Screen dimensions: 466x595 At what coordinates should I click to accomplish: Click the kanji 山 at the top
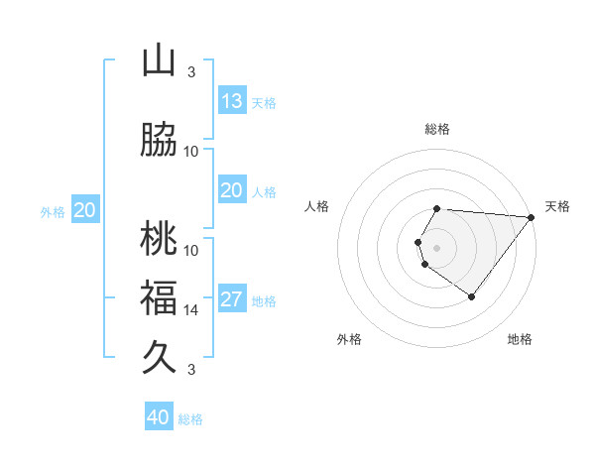[x=159, y=61]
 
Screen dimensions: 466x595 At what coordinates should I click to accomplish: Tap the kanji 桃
[x=159, y=239]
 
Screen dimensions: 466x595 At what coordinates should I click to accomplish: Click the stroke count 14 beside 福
[x=191, y=309]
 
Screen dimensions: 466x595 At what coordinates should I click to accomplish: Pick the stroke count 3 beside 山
[x=191, y=72]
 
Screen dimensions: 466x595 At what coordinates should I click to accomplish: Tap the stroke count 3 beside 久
[x=191, y=370]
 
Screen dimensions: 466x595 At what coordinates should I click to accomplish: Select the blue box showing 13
[x=232, y=101]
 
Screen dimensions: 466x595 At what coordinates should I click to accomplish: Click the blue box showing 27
[x=232, y=299]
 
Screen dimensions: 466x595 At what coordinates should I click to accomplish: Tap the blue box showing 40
[x=159, y=417]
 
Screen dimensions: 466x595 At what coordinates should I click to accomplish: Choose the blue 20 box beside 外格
[x=85, y=210]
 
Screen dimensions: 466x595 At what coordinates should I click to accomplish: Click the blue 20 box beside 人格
[x=232, y=190]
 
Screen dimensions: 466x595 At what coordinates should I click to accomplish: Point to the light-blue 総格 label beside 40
[x=190, y=419]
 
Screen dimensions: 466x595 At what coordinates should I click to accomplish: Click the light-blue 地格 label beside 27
[x=264, y=301]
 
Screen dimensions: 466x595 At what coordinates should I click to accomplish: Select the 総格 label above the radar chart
[x=437, y=129]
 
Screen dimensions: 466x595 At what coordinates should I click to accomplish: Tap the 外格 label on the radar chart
[x=349, y=339]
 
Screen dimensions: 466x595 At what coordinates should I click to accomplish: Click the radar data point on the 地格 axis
[x=471, y=296]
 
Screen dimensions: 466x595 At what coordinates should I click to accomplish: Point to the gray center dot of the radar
[x=437, y=247]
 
